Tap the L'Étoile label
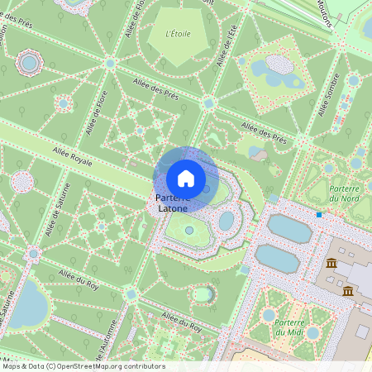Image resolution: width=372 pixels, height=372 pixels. (178, 34)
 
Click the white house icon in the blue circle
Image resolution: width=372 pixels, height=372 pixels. (186, 178)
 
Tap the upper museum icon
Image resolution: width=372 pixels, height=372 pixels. (331, 264)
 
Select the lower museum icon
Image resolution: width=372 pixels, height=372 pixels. (348, 291)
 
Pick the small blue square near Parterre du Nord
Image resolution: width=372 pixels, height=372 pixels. (319, 215)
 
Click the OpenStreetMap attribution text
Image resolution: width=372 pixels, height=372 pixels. (83, 366)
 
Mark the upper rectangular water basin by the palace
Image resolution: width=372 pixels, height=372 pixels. (289, 227)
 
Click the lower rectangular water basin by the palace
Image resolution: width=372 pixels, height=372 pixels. (279, 258)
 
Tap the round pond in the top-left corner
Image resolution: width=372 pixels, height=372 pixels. (30, 61)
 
